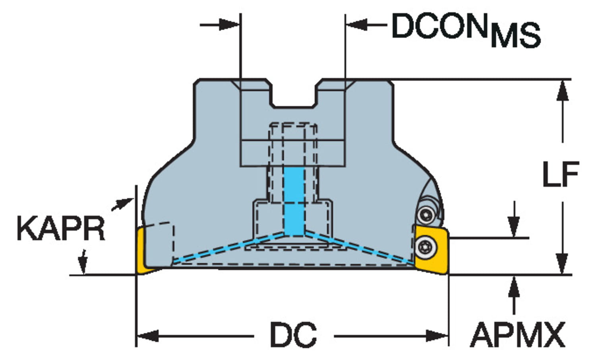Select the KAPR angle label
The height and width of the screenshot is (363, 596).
click(x=61, y=229)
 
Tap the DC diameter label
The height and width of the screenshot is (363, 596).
click(x=294, y=334)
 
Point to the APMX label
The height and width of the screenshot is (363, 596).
click(x=517, y=334)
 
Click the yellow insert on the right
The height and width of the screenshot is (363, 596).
click(x=431, y=250)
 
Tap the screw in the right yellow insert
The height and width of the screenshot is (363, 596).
click(x=426, y=248)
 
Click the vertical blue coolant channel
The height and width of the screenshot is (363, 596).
click(x=294, y=201)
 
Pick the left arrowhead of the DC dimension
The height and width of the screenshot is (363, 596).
click(x=148, y=336)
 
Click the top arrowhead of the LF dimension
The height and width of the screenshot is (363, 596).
click(x=563, y=91)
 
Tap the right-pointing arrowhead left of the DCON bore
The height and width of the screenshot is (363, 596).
click(x=229, y=25)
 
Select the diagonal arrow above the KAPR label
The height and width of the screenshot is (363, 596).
click(x=122, y=204)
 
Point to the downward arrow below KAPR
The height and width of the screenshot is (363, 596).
click(x=83, y=262)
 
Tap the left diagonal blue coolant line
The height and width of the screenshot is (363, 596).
click(x=228, y=249)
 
